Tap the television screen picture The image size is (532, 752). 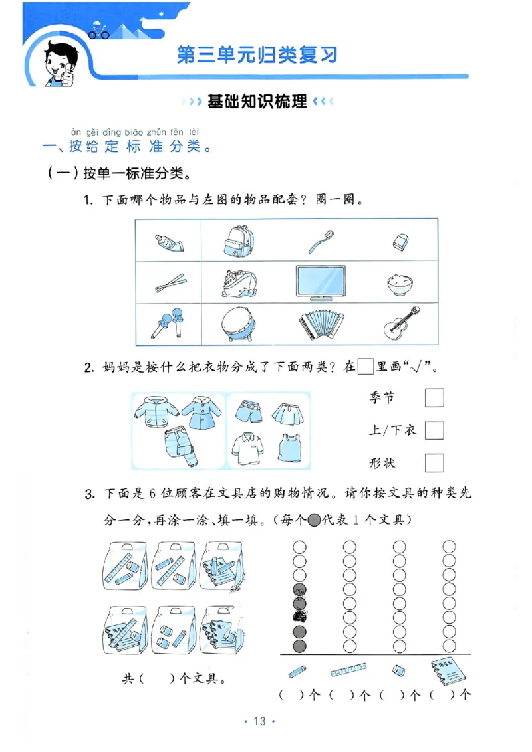(321, 282)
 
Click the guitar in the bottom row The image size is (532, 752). (402, 324)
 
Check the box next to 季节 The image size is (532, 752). (434, 398)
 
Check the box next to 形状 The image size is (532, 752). (434, 462)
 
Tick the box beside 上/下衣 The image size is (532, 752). (434, 430)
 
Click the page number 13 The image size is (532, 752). (259, 721)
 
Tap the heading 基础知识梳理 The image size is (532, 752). (257, 102)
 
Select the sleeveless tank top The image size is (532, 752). (287, 448)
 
